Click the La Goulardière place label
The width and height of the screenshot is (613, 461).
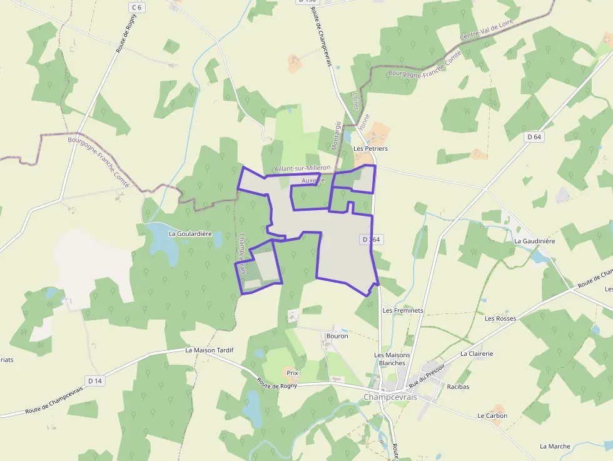point(190,233)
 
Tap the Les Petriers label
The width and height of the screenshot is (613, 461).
point(370,149)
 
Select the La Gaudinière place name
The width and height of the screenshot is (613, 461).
point(534,241)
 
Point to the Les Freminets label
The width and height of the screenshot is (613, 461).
point(403,310)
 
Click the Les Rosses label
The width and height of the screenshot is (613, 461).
point(500,318)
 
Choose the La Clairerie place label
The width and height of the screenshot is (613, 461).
point(477,353)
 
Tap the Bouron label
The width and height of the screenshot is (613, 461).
point(337,336)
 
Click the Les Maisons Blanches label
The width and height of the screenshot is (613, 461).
point(392,359)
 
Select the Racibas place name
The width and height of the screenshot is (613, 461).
point(458,387)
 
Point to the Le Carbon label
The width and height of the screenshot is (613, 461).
point(492,415)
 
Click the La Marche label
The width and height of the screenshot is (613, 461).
point(555,446)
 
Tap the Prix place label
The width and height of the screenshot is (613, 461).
point(292,373)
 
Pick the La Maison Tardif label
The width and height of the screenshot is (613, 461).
point(209,350)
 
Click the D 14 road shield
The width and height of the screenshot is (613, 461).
point(95,380)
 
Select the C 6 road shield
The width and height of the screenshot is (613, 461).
point(137,7)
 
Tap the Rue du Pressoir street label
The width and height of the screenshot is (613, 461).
point(426,376)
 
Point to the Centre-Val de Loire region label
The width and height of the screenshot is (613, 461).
point(487,29)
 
